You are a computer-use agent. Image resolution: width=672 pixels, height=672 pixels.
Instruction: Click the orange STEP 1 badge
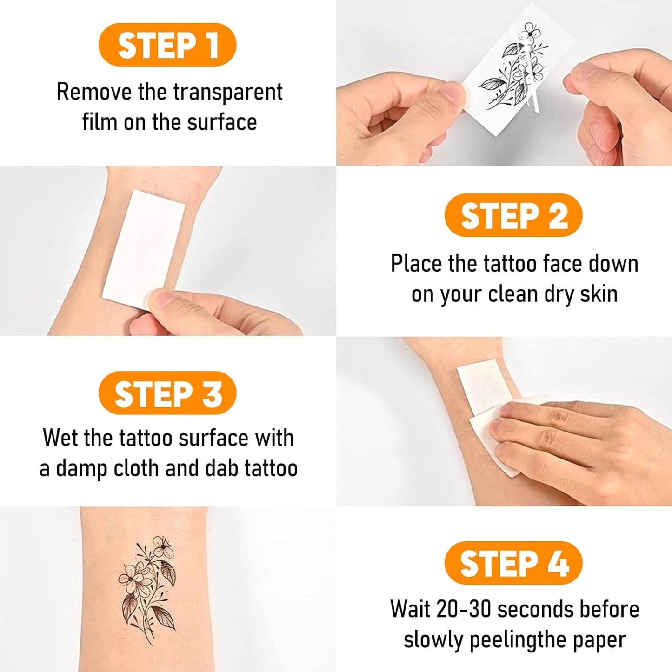click(x=167, y=45)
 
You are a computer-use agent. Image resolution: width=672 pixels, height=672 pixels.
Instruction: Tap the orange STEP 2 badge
click(x=513, y=216)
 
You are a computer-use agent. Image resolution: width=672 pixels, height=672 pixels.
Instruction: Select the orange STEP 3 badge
click(x=167, y=393)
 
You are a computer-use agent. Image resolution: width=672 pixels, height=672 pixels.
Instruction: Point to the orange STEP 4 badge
click(x=513, y=563)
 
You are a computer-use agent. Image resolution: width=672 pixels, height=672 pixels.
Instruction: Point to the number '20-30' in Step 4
click(x=464, y=609)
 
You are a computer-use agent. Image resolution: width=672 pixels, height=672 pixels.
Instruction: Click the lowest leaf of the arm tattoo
click(x=163, y=617)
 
